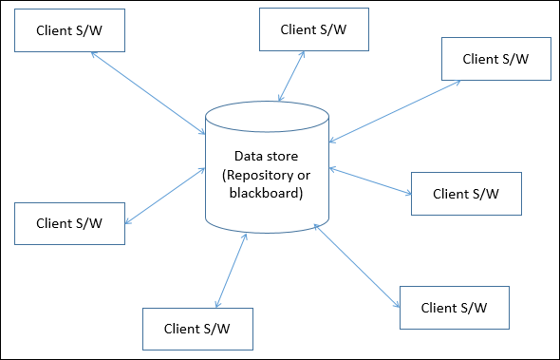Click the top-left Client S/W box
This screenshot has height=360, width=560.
pos(68,29)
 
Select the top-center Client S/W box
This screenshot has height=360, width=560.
pos(313,28)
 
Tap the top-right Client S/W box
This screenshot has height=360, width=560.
pos(495,58)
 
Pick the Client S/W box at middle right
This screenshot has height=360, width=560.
pos(465,193)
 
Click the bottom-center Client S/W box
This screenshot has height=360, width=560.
pos(196,329)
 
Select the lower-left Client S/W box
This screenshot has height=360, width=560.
pos(69,223)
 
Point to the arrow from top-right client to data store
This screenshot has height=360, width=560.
pos(394,111)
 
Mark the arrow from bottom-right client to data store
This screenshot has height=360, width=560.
pos(356,266)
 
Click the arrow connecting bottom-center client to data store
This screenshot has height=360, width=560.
pos(231,272)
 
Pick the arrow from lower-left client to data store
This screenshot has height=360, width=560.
pos(164,196)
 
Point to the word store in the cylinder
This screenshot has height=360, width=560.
pos(283,156)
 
